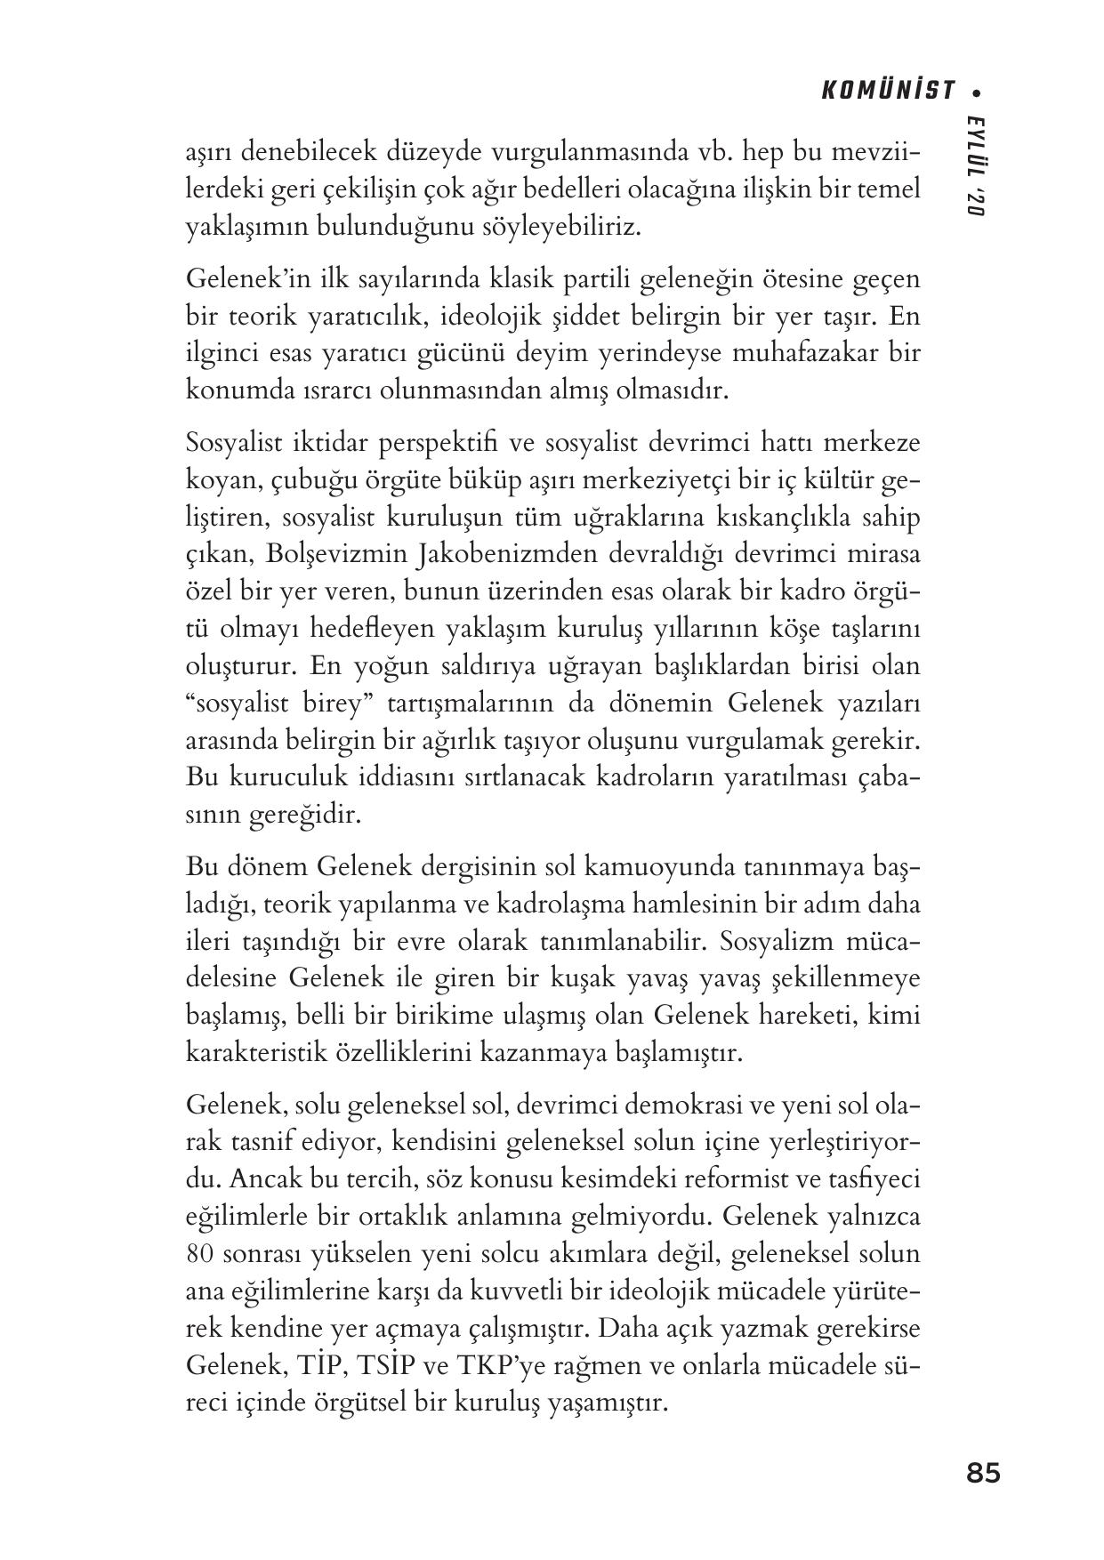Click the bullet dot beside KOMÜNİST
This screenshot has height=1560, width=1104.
pyautogui.click(x=978, y=91)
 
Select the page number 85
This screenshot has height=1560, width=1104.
pyautogui.click(x=983, y=1474)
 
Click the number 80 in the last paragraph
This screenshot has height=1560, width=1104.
pyautogui.click(x=198, y=1253)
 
